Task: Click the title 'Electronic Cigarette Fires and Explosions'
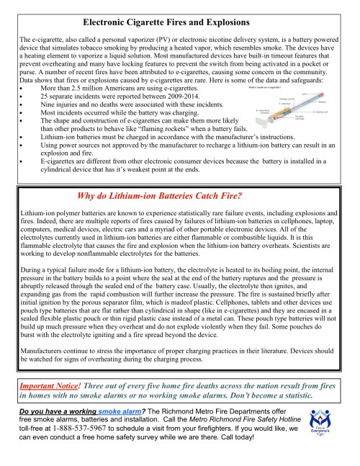click(x=176, y=23)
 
